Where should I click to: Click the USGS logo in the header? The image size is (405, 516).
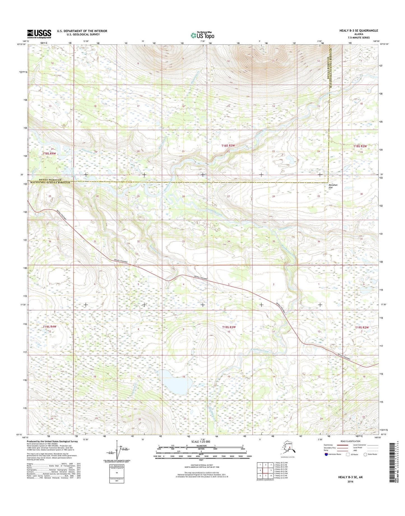click(39, 34)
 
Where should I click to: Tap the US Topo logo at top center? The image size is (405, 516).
click(202, 35)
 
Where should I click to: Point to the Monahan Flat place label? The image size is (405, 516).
click(333, 186)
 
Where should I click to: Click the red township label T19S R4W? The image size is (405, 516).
click(50, 327)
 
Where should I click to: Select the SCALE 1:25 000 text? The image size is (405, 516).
click(201, 441)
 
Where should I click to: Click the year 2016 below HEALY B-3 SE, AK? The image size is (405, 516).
click(350, 482)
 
